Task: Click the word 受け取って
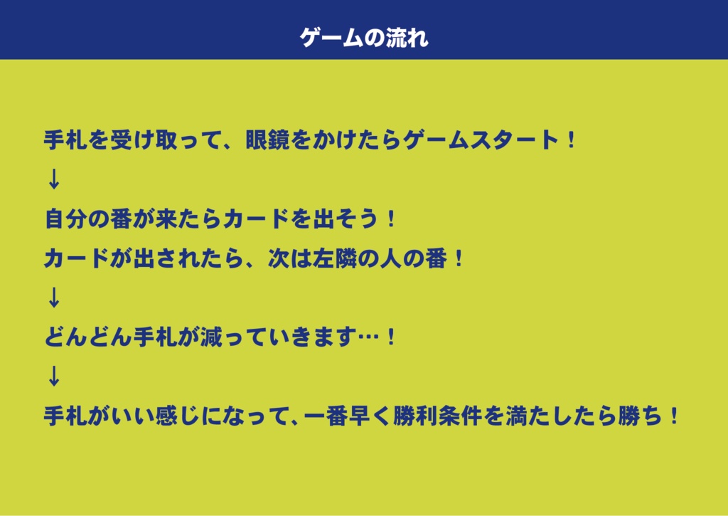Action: (165, 139)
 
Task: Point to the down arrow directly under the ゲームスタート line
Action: (53, 179)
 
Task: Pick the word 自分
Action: (65, 218)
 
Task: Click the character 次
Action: (277, 258)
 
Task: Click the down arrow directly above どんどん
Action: (53, 298)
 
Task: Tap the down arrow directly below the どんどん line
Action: (53, 377)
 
